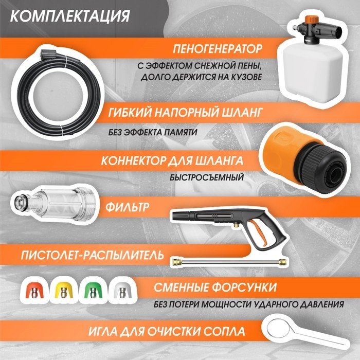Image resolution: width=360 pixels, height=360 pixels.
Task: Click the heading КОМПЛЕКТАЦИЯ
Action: pyautogui.click(x=69, y=15)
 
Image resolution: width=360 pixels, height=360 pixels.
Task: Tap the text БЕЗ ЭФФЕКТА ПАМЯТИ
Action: pyautogui.click(x=153, y=132)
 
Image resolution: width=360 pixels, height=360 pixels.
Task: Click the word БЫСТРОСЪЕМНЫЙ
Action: pyautogui.click(x=206, y=178)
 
